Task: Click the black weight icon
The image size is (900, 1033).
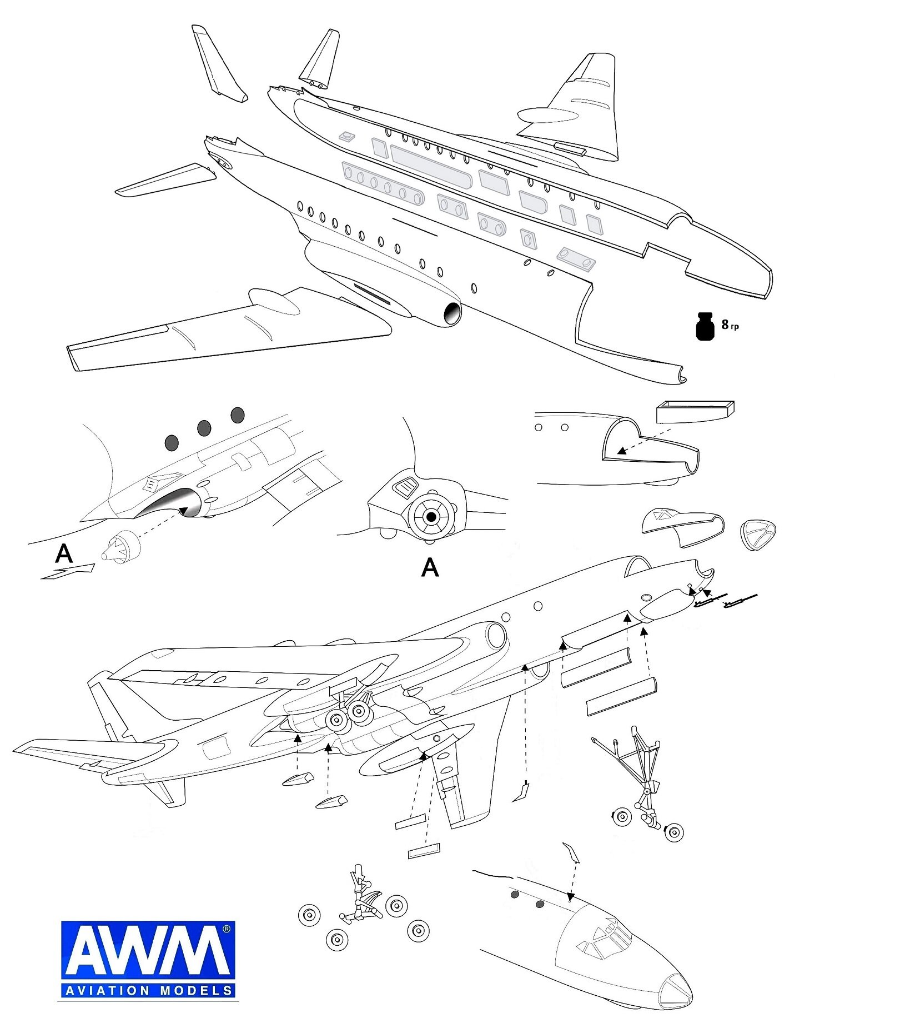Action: coord(705,326)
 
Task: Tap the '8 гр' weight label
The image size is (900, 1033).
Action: coord(730,325)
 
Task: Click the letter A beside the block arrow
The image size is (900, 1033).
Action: coord(64,553)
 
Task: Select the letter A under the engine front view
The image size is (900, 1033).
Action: coord(430,567)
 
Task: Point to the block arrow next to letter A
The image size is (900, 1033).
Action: coord(69,572)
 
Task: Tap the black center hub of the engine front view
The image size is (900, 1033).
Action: coord(431,517)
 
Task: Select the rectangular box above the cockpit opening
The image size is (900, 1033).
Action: coord(695,411)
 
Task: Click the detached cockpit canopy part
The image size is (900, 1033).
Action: coord(683,526)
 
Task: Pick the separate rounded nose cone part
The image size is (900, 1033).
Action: coord(758,534)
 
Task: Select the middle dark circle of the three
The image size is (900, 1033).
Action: coord(204,428)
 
